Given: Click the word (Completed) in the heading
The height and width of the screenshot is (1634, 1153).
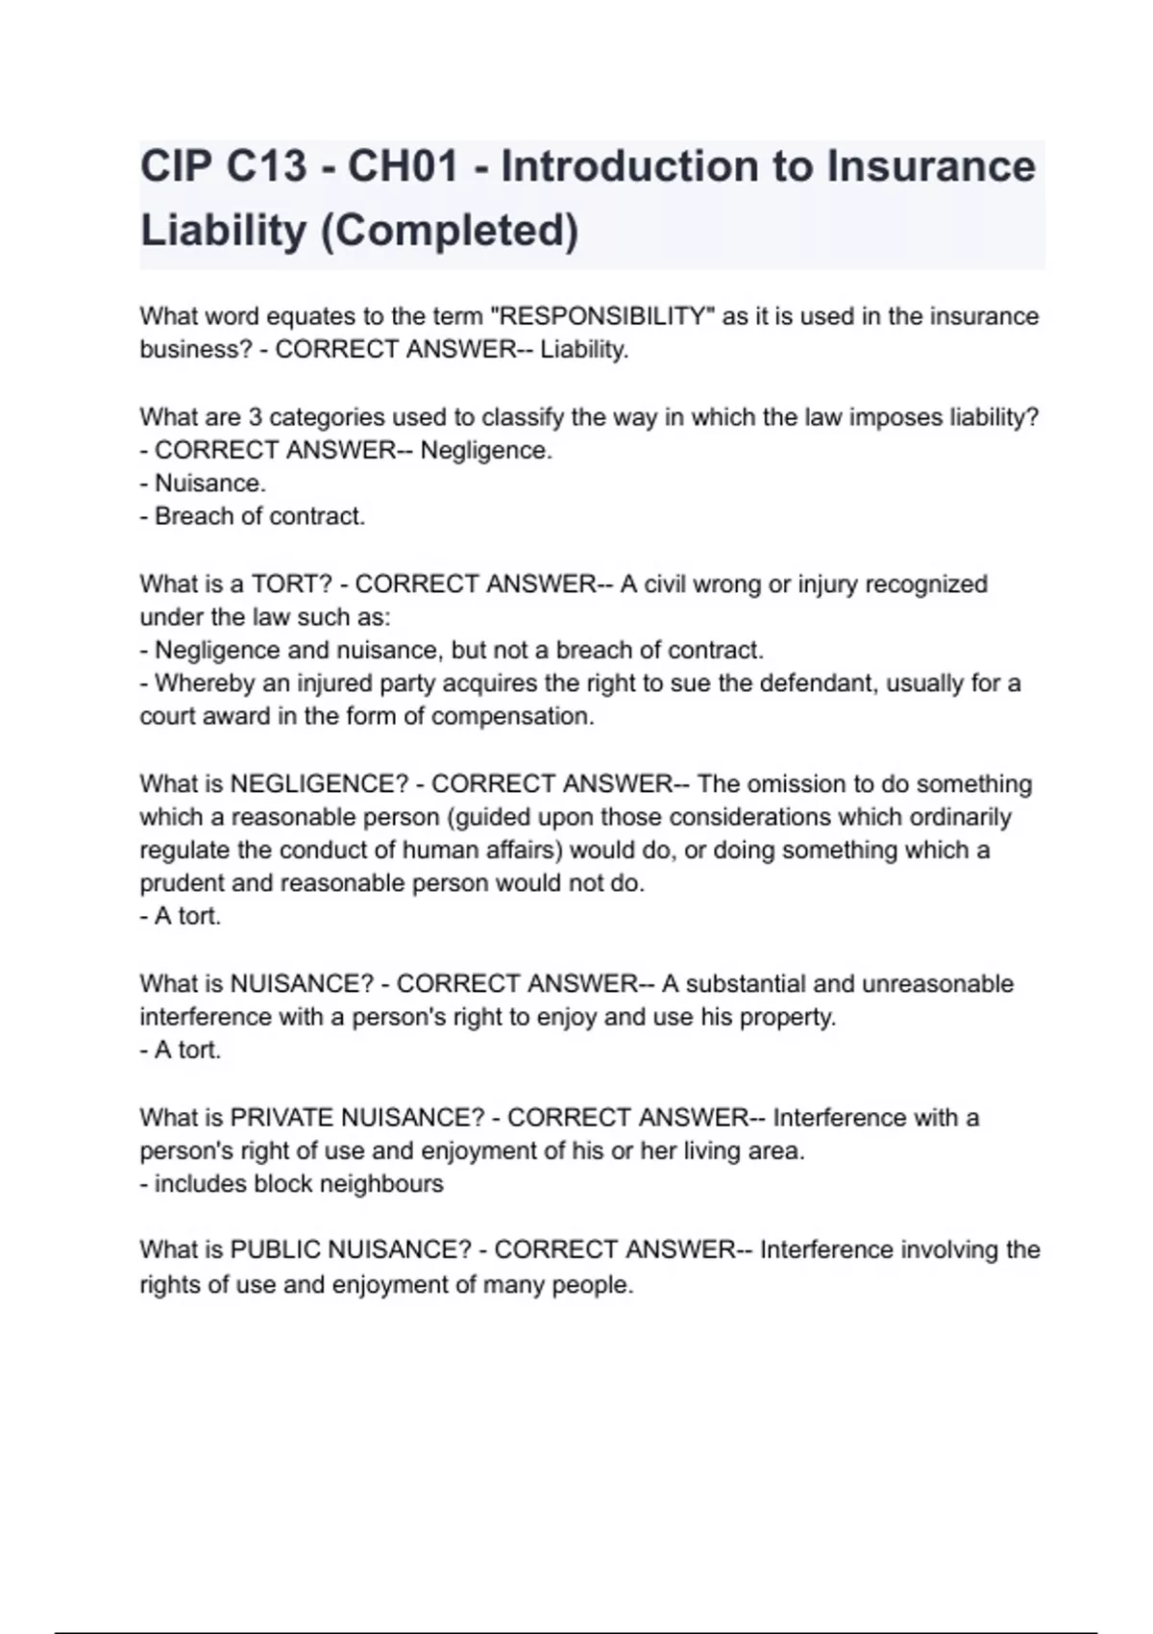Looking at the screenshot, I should click(449, 231).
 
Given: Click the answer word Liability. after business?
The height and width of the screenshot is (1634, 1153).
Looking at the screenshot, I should click(584, 350).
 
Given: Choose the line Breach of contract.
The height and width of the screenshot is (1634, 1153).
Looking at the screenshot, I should click(258, 516).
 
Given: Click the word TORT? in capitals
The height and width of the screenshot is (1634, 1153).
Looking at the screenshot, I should click(292, 584).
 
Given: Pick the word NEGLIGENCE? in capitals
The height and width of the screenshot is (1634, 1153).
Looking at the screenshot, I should click(319, 784).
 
